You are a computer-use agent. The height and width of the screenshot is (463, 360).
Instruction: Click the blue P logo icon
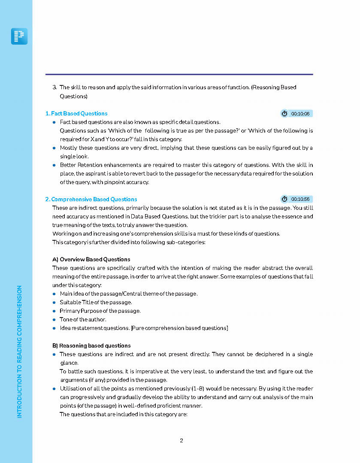tap(19, 36)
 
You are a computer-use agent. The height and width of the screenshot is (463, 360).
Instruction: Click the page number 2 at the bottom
tap(182, 441)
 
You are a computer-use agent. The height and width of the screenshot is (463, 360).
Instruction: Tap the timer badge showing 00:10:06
tap(296, 114)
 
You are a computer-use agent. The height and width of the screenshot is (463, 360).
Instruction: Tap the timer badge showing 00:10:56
tap(296, 199)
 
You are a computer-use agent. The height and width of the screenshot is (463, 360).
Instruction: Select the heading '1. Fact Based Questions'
tap(76, 114)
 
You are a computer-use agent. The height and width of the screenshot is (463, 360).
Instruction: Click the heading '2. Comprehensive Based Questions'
tap(91, 200)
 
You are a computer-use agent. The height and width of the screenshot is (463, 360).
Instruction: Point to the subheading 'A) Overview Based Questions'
tap(91, 260)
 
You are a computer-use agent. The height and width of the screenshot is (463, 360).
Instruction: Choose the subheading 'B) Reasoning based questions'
tap(91, 346)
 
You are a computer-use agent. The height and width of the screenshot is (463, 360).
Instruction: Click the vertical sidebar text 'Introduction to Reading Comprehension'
tap(19, 352)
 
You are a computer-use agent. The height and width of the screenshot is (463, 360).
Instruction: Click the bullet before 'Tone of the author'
tap(54, 320)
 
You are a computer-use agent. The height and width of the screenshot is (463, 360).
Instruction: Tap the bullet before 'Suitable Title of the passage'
tap(54, 303)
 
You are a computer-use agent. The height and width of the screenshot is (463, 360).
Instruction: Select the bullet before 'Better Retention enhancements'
tap(54, 165)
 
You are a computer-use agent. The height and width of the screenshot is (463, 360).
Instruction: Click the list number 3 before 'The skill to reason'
tap(54, 88)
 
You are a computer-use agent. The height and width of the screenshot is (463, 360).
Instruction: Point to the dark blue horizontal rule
tap(179, 74)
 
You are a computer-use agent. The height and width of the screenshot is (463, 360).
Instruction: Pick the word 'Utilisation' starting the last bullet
tap(73, 389)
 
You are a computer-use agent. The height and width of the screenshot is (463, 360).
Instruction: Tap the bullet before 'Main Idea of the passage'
tap(54, 294)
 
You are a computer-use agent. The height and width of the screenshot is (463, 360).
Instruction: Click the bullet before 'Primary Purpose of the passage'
tap(54, 311)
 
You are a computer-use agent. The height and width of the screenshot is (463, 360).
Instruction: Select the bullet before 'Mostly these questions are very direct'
tap(54, 148)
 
